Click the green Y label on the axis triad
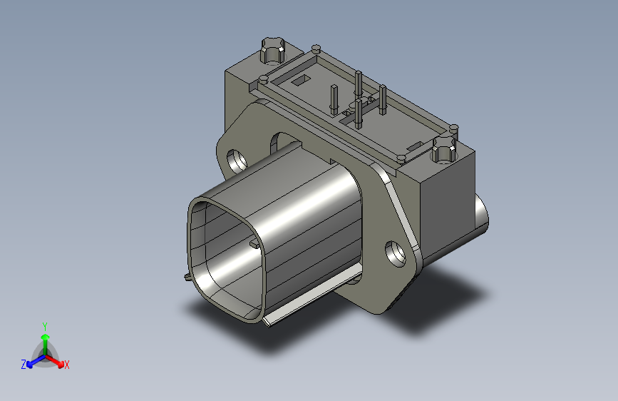(44, 325)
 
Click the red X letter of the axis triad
(67, 365)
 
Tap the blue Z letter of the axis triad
(24, 364)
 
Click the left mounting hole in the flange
(235, 159)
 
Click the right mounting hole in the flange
(394, 253)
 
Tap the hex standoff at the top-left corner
(273, 50)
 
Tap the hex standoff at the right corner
(443, 151)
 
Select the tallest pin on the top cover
(359, 86)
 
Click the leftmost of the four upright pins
(334, 98)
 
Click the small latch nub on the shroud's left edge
(187, 278)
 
